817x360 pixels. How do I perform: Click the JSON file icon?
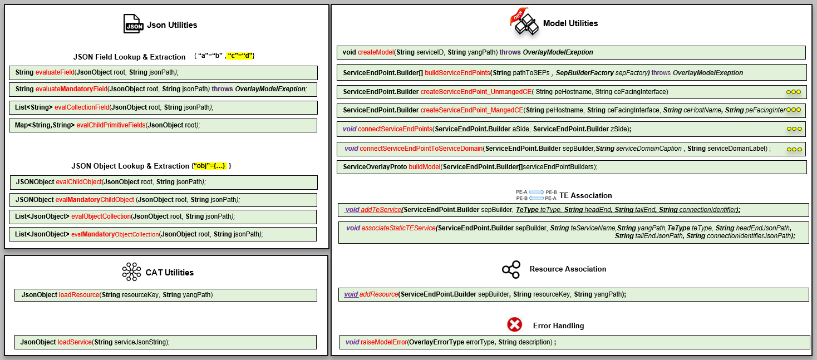pyautogui.click(x=134, y=24)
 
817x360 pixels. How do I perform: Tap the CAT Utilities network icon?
pyautogui.click(x=132, y=272)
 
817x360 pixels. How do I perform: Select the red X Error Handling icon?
pyautogui.click(x=515, y=325)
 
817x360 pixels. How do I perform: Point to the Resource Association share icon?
pyautogui.click(x=511, y=269)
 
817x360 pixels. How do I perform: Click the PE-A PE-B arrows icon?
pyautogui.click(x=536, y=195)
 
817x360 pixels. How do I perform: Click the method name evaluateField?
pyautogui.click(x=55, y=72)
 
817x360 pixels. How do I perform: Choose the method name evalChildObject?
pyautogui.click(x=78, y=182)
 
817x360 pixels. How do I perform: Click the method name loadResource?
pyautogui.click(x=79, y=294)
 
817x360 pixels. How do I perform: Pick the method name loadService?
pyautogui.click(x=75, y=342)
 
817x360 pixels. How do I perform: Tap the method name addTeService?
pyautogui.click(x=381, y=209)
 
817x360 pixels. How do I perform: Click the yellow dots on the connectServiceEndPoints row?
pyautogui.click(x=794, y=129)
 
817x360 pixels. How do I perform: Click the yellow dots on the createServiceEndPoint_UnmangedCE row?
pyautogui.click(x=794, y=92)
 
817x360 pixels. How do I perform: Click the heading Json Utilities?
pyautogui.click(x=172, y=24)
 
